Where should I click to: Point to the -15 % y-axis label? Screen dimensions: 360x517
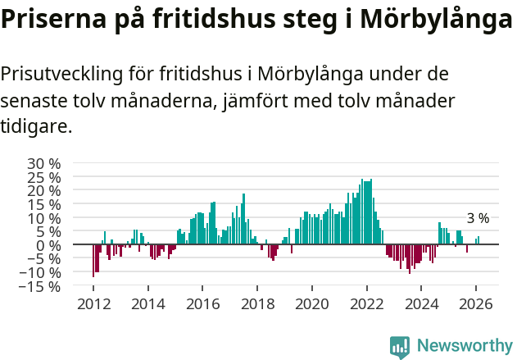(41, 287)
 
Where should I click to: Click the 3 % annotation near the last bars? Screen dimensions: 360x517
(478, 219)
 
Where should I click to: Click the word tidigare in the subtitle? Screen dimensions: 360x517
(35, 127)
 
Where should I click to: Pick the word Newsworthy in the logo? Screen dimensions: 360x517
(465, 346)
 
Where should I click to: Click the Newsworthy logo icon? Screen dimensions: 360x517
(400, 347)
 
